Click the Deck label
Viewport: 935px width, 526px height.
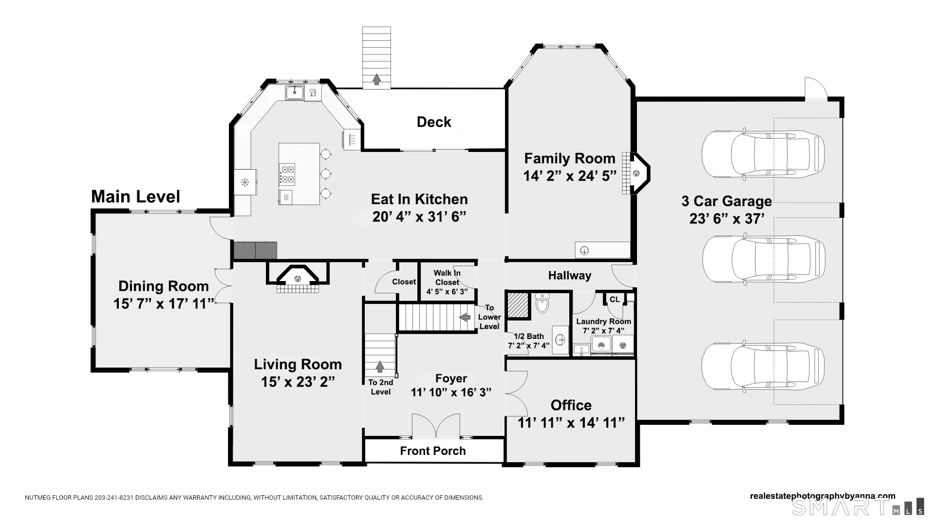[434, 122]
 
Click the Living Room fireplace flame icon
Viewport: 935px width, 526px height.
[298, 279]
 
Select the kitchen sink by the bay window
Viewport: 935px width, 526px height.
[295, 92]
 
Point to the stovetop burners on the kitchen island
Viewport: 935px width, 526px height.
[287, 174]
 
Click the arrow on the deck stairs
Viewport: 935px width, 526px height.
[376, 79]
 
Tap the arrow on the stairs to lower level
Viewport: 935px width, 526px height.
[465, 317]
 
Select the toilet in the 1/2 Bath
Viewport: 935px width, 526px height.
[542, 303]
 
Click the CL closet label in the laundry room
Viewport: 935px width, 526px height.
[615, 299]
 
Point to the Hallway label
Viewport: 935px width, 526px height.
[570, 276]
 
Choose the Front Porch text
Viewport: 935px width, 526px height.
[433, 451]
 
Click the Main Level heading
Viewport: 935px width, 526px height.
[135, 196]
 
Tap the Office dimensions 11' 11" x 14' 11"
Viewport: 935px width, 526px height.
[571, 422]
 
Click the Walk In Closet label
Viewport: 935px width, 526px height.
[447, 278]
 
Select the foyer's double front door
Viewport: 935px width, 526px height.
[436, 427]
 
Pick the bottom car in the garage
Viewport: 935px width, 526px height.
[763, 367]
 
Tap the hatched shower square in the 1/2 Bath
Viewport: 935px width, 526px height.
[518, 305]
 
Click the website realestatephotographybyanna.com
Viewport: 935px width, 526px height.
[823, 496]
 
